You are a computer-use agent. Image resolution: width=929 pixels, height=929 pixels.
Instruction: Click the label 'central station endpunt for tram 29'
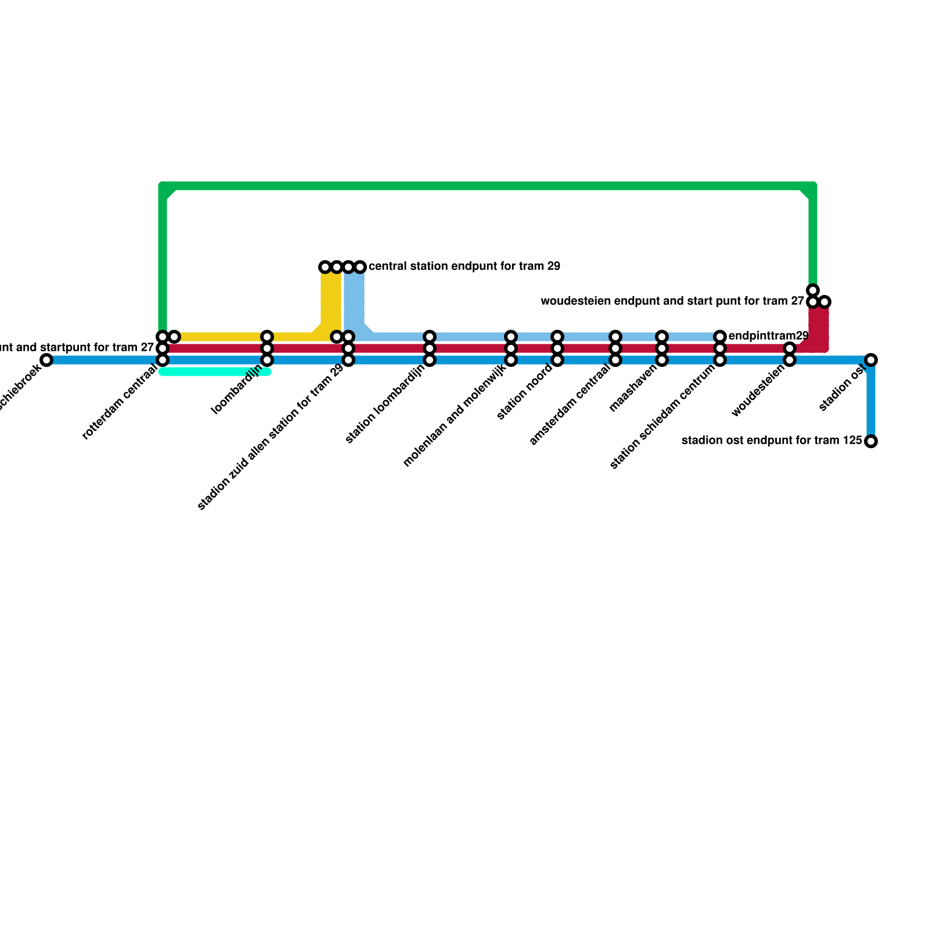pos(464,267)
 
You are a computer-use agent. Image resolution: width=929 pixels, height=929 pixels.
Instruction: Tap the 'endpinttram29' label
pos(768,336)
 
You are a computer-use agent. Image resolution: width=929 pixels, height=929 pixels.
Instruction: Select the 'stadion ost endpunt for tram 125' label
pos(772,441)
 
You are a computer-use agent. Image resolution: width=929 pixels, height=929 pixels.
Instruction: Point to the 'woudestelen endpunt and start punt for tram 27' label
pos(672,301)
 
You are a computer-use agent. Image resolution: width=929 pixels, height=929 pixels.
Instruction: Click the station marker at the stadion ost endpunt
pos(870,441)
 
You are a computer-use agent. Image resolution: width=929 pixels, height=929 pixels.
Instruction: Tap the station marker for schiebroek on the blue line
pos(46,360)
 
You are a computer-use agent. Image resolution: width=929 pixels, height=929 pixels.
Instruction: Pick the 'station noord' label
pos(525,393)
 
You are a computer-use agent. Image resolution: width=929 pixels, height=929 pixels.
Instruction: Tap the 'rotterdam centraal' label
pos(120,402)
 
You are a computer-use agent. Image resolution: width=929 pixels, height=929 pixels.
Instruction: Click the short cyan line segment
pos(215,372)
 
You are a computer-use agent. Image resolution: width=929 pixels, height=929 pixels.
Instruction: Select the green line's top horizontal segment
pos(488,186)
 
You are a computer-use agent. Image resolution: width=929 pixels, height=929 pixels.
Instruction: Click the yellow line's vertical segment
pos(331,299)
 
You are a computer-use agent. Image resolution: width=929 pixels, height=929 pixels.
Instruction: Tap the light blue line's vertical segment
pos(354,299)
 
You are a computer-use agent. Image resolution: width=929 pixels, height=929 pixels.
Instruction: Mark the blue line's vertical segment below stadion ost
pos(871,401)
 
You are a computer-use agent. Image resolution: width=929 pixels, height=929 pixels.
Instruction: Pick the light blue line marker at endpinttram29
pos(720,337)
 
